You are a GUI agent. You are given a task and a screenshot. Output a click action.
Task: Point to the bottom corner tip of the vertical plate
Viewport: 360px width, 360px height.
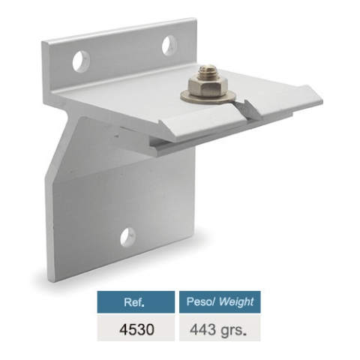coord(55,279)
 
